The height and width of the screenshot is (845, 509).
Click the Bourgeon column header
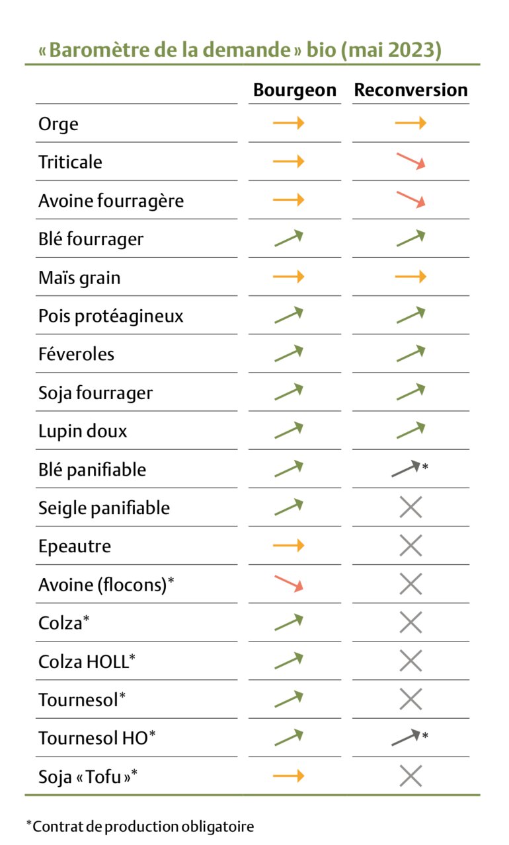(295, 91)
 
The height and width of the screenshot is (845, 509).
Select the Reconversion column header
(411, 91)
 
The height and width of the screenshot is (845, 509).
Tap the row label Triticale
(70, 162)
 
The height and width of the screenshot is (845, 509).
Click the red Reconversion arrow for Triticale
(411, 162)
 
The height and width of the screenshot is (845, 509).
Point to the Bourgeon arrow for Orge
(288, 123)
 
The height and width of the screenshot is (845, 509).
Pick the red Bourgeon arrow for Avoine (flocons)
(288, 583)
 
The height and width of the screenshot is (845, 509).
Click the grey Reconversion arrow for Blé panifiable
(406, 468)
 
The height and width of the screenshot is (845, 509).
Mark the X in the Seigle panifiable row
(411, 507)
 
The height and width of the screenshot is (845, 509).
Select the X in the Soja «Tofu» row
(411, 776)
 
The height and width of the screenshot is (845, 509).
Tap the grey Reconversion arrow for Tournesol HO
(406, 737)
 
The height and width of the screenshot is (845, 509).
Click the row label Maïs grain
(79, 277)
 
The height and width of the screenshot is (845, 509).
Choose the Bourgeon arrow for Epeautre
(288, 545)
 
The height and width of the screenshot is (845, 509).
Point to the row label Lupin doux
(83, 431)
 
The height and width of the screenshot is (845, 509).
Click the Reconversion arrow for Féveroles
(411, 353)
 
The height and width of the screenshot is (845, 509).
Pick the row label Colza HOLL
(83, 661)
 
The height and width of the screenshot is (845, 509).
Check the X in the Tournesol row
(411, 698)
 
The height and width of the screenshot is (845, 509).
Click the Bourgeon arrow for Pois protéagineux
(288, 315)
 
